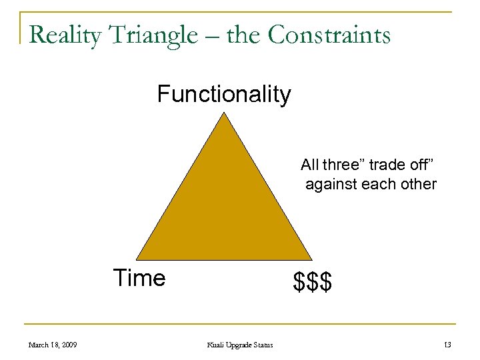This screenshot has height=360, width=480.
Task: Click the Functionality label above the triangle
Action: (224, 95)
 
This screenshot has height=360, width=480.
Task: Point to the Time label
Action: (139, 277)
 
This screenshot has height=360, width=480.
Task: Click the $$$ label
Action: (313, 282)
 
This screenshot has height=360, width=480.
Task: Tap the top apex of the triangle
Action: (225, 113)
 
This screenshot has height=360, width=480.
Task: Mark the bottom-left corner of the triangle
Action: (137, 259)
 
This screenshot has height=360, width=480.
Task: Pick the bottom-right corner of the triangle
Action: (312, 259)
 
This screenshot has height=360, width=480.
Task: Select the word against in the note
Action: (331, 183)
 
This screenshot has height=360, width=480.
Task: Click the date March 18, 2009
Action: (52, 345)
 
